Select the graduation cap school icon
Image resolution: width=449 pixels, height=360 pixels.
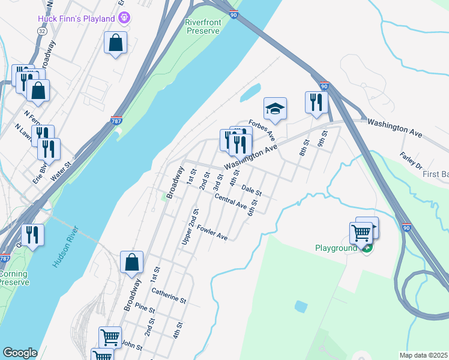(x=275, y=109)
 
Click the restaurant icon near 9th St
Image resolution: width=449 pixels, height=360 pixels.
(x=315, y=103)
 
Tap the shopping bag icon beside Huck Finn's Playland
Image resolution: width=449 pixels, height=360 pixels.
(x=115, y=44)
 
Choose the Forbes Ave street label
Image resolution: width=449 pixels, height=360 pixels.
(x=262, y=128)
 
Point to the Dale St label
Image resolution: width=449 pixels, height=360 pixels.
(x=252, y=191)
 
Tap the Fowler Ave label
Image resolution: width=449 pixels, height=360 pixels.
(x=212, y=233)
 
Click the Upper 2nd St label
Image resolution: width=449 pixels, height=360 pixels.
(x=190, y=227)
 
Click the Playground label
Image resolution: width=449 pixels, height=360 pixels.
(x=336, y=248)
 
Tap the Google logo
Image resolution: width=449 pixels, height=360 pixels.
(x=20, y=352)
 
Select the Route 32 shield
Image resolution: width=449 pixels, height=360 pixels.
(x=41, y=30)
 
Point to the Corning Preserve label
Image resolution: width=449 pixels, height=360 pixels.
(x=13, y=277)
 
